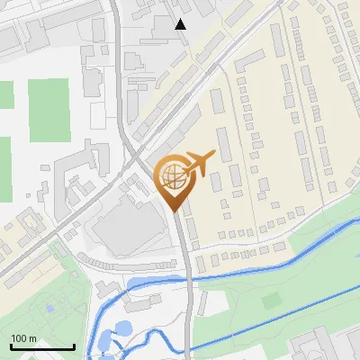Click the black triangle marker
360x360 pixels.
[181, 24]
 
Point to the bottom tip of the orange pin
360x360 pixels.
[174, 211]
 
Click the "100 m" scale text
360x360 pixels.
[23, 338]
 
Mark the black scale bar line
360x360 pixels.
[41, 346]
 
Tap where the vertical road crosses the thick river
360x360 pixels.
[190, 278]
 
